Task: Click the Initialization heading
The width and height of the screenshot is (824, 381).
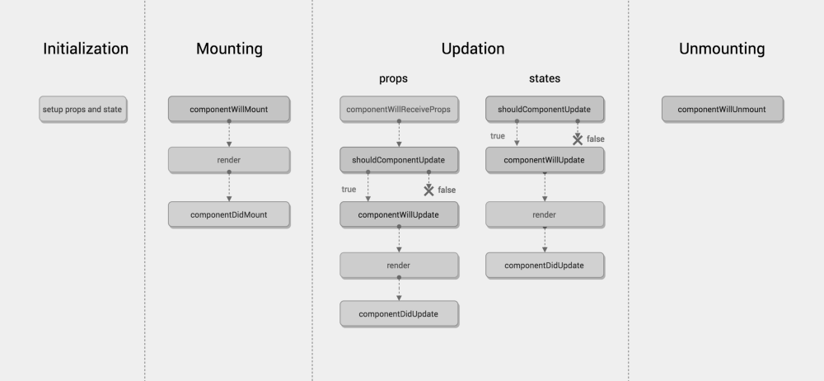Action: pos(86,49)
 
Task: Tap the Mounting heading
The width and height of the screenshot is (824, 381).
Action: pos(229,49)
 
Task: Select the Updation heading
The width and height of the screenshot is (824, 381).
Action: pos(473,49)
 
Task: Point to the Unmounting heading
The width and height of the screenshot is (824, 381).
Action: pos(722,49)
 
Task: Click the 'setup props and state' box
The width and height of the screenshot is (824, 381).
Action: pos(82,110)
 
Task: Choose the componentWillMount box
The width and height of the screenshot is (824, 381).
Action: pos(228,110)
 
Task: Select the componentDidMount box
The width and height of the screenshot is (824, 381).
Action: pos(228,214)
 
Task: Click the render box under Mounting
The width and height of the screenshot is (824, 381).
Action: pos(228,160)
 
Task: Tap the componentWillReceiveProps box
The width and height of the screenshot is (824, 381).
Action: pos(399,110)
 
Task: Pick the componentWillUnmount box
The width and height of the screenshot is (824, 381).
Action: pos(722,110)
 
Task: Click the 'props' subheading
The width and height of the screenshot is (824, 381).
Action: pos(394,79)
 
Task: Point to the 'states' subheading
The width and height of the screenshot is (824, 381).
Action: pos(545,78)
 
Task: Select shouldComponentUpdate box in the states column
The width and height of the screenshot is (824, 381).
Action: pos(545,110)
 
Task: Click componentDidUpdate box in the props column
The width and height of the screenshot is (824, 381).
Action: pos(399,314)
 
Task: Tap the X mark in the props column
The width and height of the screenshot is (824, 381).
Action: pos(428,190)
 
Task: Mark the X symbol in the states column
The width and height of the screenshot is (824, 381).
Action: pos(578,139)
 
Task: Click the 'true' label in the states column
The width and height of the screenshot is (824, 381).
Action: pos(498,136)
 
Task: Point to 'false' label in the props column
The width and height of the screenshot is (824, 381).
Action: pos(447,190)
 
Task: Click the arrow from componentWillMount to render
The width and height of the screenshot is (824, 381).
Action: pos(229,134)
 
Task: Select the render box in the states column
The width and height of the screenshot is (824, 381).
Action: pos(545,214)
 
